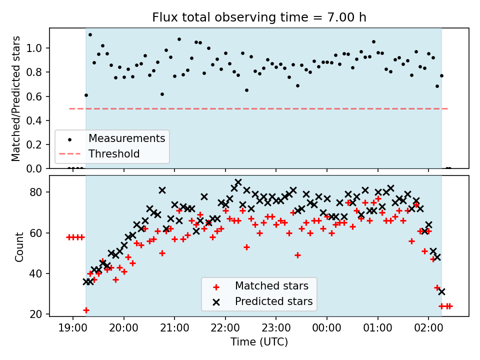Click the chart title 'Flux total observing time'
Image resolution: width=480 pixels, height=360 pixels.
pyautogui.click(x=236, y=17)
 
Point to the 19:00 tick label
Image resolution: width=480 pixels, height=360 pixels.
pyautogui.click(x=73, y=328)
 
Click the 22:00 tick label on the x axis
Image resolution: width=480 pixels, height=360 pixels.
pyautogui.click(x=225, y=328)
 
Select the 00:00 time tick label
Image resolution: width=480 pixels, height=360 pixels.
pyautogui.click(x=326, y=328)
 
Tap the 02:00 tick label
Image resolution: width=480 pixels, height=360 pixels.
pyautogui.click(x=428, y=328)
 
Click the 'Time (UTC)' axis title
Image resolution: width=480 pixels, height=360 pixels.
pyautogui.click(x=259, y=342)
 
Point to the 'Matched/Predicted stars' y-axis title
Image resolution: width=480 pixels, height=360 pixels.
pyautogui.click(x=15, y=98)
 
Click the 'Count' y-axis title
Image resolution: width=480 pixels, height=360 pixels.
pyautogui.click(x=19, y=247)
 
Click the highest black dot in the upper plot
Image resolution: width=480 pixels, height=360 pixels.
pyautogui.click(x=90, y=34)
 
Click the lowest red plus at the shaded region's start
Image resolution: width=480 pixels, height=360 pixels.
pyautogui.click(x=86, y=310)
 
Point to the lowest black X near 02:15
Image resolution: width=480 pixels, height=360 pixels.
pyautogui.click(x=441, y=291)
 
